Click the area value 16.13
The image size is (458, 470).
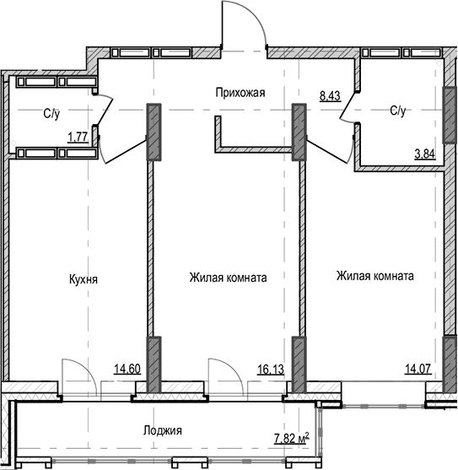pyautogui.click(x=271, y=368)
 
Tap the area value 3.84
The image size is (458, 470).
pyautogui.click(x=424, y=154)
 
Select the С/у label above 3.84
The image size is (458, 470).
pyautogui.click(x=399, y=111)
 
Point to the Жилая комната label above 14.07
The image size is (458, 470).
pyautogui.click(x=374, y=276)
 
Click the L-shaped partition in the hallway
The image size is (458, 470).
pyautogui.click(x=253, y=149)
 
